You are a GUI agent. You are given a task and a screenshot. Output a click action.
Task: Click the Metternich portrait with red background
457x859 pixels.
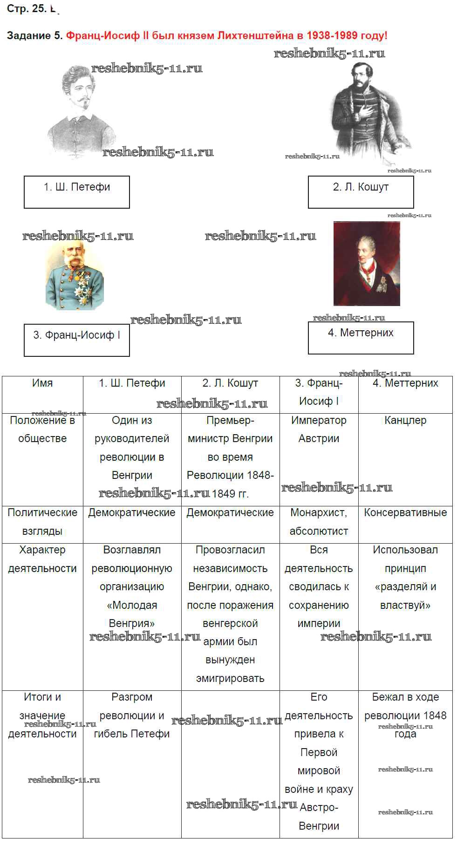pyautogui.click(x=367, y=264)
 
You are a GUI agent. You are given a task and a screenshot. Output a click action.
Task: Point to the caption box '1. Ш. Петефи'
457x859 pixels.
pyautogui.click(x=77, y=192)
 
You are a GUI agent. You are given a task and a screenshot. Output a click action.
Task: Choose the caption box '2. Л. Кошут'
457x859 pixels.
pyautogui.click(x=361, y=192)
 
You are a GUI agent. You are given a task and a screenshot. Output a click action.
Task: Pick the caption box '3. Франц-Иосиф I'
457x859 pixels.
pyautogui.click(x=77, y=340)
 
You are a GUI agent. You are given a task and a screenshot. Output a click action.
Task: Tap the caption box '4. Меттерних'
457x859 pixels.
pyautogui.click(x=361, y=338)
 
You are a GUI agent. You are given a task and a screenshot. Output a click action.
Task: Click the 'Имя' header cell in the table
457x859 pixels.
pyautogui.click(x=42, y=395)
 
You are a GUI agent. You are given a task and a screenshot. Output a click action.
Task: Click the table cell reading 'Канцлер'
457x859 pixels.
pyautogui.click(x=405, y=460)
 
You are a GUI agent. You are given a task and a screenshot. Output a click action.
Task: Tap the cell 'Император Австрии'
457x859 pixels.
pyautogui.click(x=319, y=460)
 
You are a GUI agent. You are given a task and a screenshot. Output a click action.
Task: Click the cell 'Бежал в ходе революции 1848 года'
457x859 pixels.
pyautogui.click(x=405, y=764)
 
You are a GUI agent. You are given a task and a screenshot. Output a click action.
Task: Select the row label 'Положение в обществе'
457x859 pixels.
pyautogui.click(x=42, y=460)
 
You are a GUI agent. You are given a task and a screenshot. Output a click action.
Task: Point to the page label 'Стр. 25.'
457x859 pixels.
pyautogui.click(x=27, y=8)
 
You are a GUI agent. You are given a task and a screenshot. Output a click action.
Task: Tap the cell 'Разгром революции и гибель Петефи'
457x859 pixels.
pyautogui.click(x=132, y=764)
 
